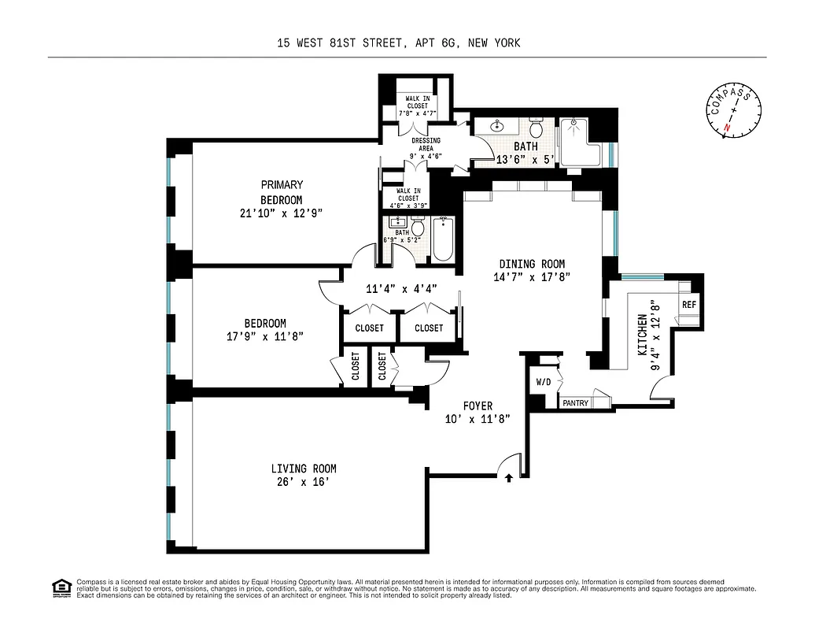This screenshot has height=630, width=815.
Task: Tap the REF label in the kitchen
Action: pyautogui.click(x=689, y=305)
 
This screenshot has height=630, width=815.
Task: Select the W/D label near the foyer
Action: pyautogui.click(x=544, y=383)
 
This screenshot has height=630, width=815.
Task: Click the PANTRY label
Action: pyautogui.click(x=575, y=403)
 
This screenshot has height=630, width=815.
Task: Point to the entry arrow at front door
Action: pyautogui.click(x=509, y=476)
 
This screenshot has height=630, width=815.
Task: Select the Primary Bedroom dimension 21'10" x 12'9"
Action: pyautogui.click(x=282, y=213)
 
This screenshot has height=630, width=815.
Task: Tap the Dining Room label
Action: pyautogui.click(x=532, y=264)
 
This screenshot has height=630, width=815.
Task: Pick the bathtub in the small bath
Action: pyautogui.click(x=442, y=239)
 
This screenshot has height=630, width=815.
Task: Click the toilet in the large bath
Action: pyautogui.click(x=537, y=128)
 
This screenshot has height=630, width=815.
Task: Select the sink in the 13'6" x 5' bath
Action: pyautogui.click(x=498, y=126)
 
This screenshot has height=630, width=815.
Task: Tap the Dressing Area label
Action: pyautogui.click(x=426, y=148)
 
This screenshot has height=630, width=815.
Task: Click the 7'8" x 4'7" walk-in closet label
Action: pyautogui.click(x=417, y=106)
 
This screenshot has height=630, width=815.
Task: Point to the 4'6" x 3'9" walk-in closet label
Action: pyautogui.click(x=407, y=198)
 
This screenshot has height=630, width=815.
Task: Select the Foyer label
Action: pyautogui.click(x=478, y=406)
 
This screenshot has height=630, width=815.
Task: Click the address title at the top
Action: pyautogui.click(x=398, y=43)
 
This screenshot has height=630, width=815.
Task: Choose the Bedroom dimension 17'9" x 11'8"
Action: pyautogui.click(x=264, y=336)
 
